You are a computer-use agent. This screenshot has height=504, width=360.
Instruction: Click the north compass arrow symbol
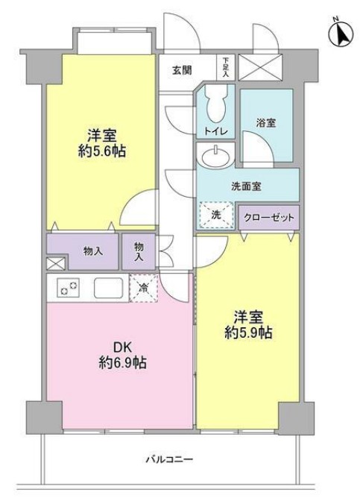coord(341,34)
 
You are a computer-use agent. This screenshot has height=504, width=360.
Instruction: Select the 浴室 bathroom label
coord(265,122)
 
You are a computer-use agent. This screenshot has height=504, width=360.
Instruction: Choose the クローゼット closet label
coord(269,217)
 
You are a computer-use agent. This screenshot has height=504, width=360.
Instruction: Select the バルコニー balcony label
coord(169,460)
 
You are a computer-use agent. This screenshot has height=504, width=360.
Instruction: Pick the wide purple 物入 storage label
coord(93,251)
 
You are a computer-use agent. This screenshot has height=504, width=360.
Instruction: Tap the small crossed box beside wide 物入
coord(54,263)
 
